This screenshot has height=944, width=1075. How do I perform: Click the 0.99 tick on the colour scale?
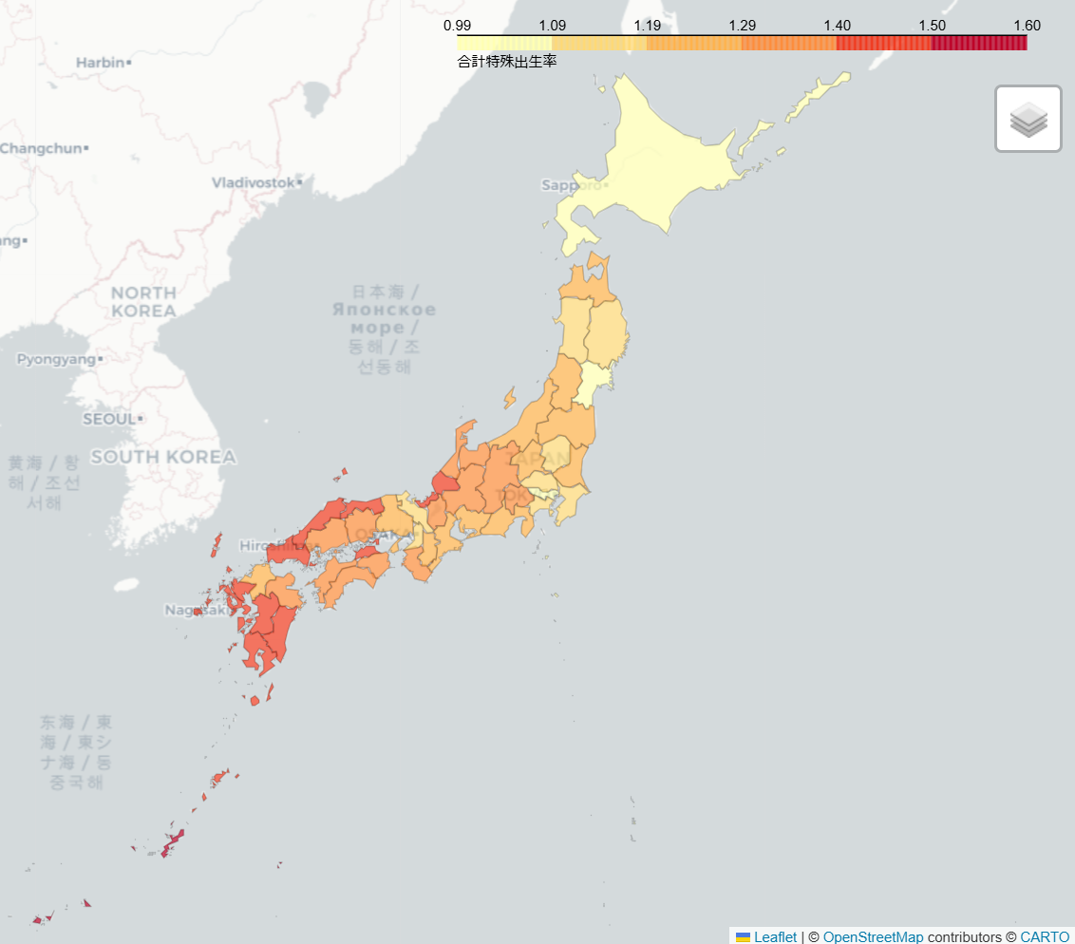pyautogui.click(x=458, y=26)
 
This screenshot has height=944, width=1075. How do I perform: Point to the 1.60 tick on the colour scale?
pyautogui.click(x=1027, y=26)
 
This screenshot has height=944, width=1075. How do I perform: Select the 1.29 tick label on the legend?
pyautogui.click(x=743, y=26)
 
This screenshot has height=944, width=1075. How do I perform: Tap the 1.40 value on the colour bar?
pyautogui.click(x=837, y=26)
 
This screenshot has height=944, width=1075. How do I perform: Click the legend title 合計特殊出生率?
pyautogui.click(x=507, y=62)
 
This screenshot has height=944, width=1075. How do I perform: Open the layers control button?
pyautogui.click(x=1028, y=119)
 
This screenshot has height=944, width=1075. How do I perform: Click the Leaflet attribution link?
pyautogui.click(x=775, y=936)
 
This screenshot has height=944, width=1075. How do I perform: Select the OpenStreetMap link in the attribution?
pyautogui.click(x=873, y=936)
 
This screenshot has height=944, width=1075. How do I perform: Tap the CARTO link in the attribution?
pyautogui.click(x=1045, y=936)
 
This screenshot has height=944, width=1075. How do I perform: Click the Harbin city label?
pyautogui.click(x=101, y=63)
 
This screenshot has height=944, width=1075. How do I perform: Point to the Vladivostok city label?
pyautogui.click(x=254, y=181)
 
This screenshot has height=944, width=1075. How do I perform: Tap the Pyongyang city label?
pyautogui.click(x=56, y=360)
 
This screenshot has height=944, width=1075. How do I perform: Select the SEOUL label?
pyautogui.click(x=109, y=419)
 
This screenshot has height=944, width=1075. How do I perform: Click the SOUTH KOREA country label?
pyautogui.click(x=163, y=458)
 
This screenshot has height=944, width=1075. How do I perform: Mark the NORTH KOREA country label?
pyautogui.click(x=143, y=302)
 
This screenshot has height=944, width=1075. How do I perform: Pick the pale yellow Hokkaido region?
pyautogui.click(x=665, y=161)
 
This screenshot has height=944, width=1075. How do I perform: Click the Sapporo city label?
pyautogui.click(x=572, y=185)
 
